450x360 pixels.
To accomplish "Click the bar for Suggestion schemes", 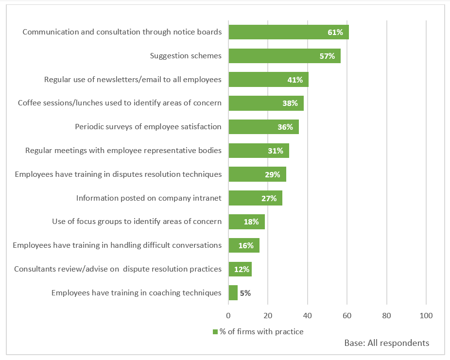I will click(284, 56).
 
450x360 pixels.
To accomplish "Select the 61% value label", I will click(335, 33).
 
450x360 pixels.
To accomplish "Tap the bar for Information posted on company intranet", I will click(255, 198).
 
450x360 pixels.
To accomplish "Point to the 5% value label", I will click(245, 293).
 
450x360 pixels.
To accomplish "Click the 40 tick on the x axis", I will click(307, 315).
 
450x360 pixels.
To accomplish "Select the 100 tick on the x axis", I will click(426, 315).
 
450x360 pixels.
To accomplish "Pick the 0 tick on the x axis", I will click(228, 315).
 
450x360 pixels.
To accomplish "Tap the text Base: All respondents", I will click(387, 343).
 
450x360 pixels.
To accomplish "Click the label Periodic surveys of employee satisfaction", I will click(148, 127).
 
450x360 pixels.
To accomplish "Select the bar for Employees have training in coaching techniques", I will click(233, 293).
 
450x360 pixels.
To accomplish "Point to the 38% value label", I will click(290, 103).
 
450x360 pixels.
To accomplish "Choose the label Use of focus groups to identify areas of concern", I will click(137, 222).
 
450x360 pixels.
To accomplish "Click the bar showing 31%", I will click(259, 151).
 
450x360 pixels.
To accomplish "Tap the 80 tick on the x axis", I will click(386, 315).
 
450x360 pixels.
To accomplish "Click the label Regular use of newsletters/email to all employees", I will click(133, 79).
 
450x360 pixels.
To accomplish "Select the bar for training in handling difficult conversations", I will click(244, 245).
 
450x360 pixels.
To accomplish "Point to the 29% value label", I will click(273, 174).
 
